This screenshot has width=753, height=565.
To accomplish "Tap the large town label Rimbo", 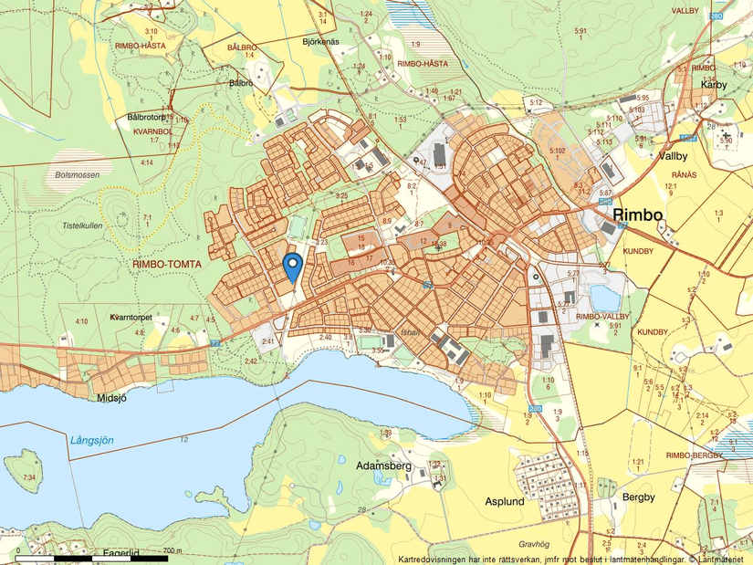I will [638, 214].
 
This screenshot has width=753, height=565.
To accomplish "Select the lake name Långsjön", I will [92, 440].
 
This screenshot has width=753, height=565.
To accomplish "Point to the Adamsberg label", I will [384, 466].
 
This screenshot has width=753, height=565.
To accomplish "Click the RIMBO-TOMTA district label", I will [170, 263].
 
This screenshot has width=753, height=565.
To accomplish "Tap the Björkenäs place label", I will [320, 42].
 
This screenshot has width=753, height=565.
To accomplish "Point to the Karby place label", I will [713, 84].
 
